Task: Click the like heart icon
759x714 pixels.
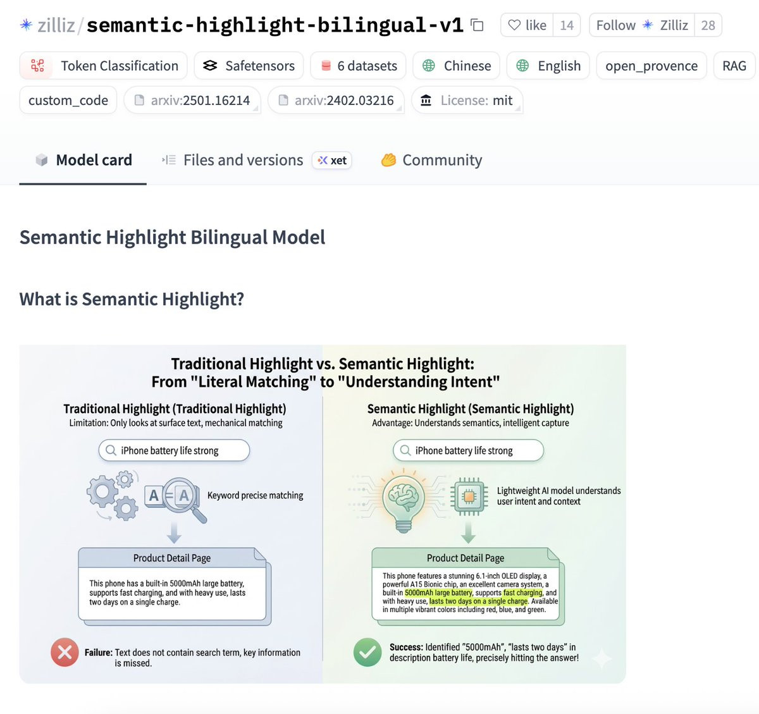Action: point(514,25)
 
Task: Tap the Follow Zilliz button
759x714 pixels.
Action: point(642,25)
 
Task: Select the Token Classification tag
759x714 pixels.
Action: point(103,66)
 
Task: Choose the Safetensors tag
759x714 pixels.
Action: point(249,66)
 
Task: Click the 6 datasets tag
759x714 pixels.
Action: point(358,66)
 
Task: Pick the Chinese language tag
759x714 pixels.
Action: point(456,66)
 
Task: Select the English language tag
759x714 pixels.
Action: point(548,66)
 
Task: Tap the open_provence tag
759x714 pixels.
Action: point(651,66)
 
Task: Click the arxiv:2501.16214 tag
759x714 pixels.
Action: point(192,100)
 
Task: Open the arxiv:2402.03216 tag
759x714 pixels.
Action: point(336,100)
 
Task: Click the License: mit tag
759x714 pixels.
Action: point(467,100)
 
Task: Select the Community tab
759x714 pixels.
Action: point(431,160)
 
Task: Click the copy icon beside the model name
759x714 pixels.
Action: point(477,25)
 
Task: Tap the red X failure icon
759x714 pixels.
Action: point(65,652)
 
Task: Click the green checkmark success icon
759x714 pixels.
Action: point(367,652)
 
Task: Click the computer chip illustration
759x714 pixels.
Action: point(469,496)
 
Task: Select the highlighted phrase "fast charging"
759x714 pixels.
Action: point(523,593)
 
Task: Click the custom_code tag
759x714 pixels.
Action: point(68,100)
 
